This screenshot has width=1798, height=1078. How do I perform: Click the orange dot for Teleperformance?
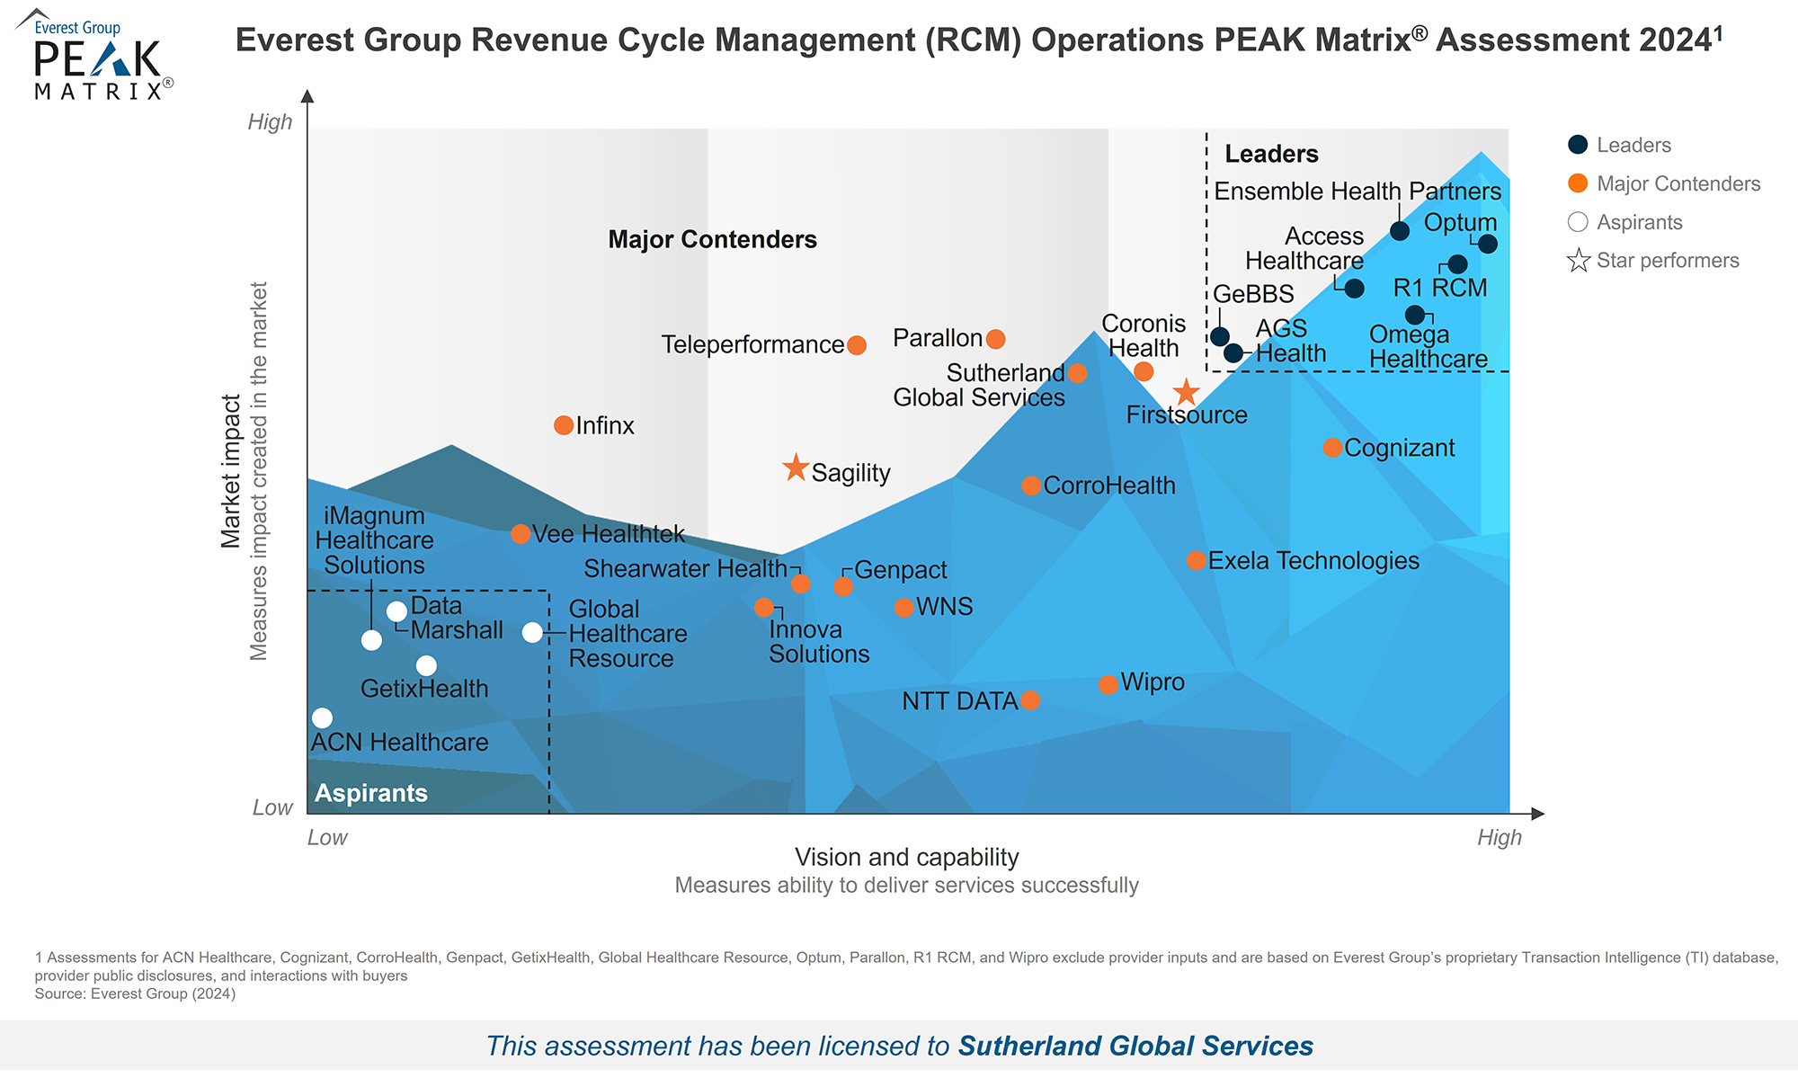(x=857, y=345)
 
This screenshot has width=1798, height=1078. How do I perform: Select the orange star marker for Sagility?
(x=796, y=468)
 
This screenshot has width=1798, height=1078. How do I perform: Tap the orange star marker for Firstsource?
(x=1187, y=392)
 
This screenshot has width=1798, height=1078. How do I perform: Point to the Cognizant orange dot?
(x=1332, y=448)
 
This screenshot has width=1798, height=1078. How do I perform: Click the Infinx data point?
(x=564, y=425)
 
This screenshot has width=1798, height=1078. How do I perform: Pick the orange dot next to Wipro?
(x=1108, y=685)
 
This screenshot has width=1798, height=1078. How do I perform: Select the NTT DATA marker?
(x=1030, y=700)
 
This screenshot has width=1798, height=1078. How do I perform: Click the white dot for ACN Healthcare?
(x=322, y=717)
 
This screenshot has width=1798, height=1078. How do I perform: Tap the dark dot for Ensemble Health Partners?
(x=1400, y=231)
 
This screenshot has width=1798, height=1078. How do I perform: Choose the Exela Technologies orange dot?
(x=1196, y=561)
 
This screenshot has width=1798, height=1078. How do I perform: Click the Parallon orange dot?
(x=995, y=339)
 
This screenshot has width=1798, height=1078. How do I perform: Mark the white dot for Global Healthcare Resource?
(x=532, y=632)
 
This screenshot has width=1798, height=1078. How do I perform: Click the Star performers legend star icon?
(x=1579, y=261)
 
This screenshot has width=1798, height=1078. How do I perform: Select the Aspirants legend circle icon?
(x=1578, y=222)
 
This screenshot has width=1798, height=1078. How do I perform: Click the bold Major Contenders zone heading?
(x=712, y=239)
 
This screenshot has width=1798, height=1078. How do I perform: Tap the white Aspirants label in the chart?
(x=370, y=793)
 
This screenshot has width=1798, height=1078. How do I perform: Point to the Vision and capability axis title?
(x=906, y=857)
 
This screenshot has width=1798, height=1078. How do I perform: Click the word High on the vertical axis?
(x=270, y=121)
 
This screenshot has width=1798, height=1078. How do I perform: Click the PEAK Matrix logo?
(x=95, y=56)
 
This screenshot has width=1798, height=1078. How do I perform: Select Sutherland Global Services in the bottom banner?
(x=1135, y=1046)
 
